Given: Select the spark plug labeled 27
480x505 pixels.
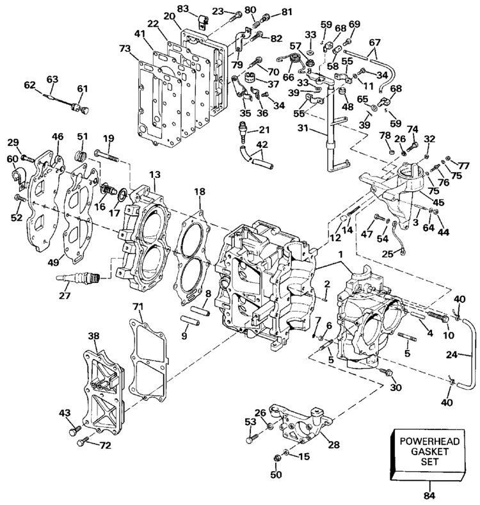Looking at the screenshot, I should pos(79,278).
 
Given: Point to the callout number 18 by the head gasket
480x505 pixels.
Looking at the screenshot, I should pos(200,191).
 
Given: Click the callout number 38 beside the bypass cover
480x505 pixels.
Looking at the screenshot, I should pos(94,335).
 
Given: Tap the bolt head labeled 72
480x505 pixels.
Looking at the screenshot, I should pos(81,442).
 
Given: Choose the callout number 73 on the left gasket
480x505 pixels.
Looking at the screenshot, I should pos(124,49).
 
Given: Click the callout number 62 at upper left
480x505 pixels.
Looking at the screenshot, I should pos(30,84).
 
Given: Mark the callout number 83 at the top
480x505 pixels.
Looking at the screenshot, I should pos(183,7).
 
